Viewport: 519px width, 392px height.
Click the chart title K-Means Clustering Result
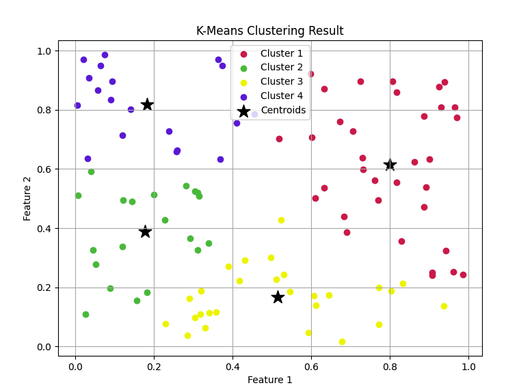click(x=269, y=31)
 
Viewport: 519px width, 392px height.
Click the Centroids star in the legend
click(x=243, y=111)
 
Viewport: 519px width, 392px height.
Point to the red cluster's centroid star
click(x=390, y=165)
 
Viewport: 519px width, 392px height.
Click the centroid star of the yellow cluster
click(x=278, y=297)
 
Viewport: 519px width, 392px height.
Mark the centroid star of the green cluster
click(x=145, y=232)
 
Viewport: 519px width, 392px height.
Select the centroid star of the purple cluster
click(x=147, y=104)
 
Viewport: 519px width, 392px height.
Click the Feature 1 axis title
click(x=269, y=380)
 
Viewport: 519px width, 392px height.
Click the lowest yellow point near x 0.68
click(x=342, y=341)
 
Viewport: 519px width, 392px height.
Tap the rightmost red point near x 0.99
click(x=463, y=275)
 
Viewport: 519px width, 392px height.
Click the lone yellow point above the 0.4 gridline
click(x=281, y=220)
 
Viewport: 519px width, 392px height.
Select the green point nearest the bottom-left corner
click(x=85, y=314)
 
